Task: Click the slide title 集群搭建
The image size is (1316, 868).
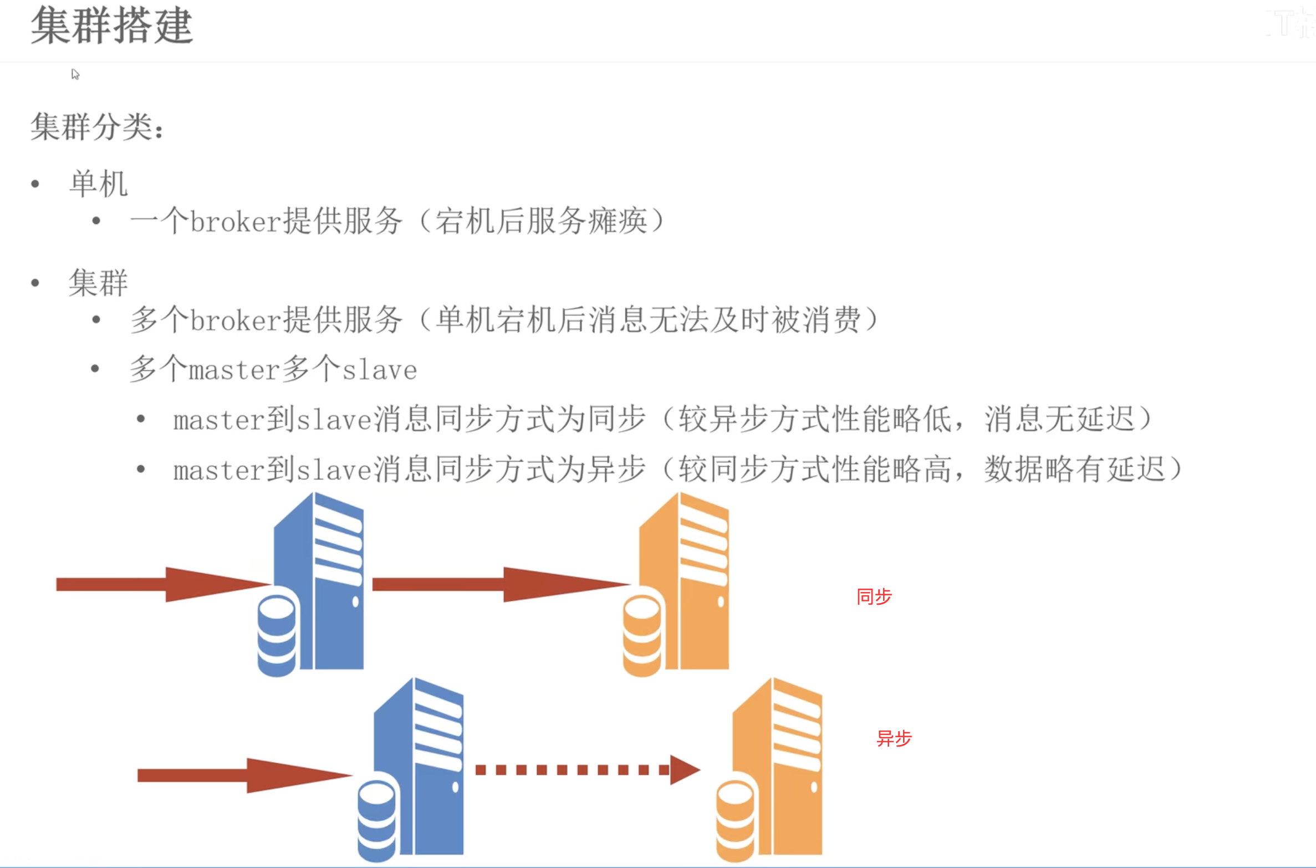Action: [x=111, y=25]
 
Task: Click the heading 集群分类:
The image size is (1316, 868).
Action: [x=96, y=126]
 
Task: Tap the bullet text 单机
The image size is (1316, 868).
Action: [x=98, y=184]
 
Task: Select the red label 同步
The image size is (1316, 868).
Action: [x=874, y=596]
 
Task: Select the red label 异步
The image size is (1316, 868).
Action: [x=894, y=738]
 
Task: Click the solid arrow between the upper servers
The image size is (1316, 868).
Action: [x=499, y=584]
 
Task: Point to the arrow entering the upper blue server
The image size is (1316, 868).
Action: [x=161, y=584]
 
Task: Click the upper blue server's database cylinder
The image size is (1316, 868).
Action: [x=277, y=635]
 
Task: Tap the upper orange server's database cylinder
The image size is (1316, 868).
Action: [x=641, y=635]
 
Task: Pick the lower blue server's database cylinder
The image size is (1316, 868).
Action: [x=376, y=820]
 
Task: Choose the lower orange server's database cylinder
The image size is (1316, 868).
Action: [x=735, y=820]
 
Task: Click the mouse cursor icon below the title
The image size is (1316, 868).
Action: [x=75, y=74]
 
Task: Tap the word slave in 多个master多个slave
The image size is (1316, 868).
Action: [x=379, y=370]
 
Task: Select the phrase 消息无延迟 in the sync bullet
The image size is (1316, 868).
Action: [x=1059, y=419]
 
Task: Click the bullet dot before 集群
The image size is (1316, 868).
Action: [x=35, y=283]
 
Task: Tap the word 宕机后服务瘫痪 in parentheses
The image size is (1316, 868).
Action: [x=541, y=222]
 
